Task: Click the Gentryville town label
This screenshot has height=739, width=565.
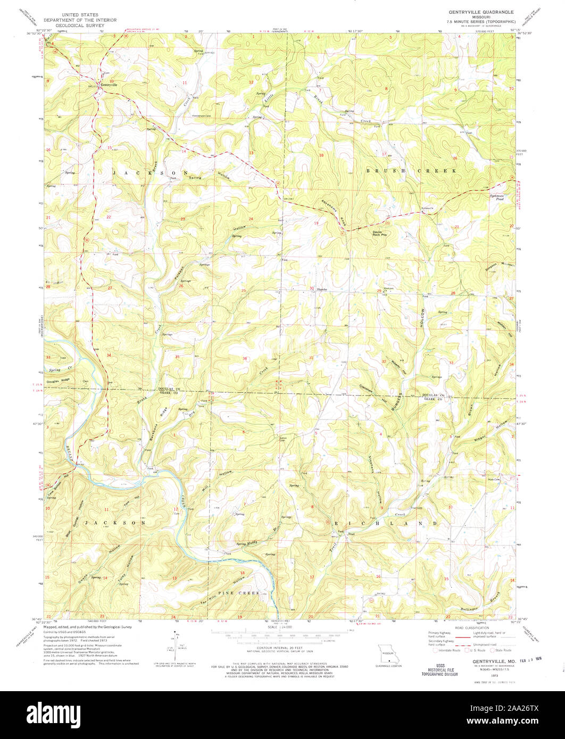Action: coord(108,85)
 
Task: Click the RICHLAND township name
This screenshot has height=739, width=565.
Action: coord(386,523)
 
